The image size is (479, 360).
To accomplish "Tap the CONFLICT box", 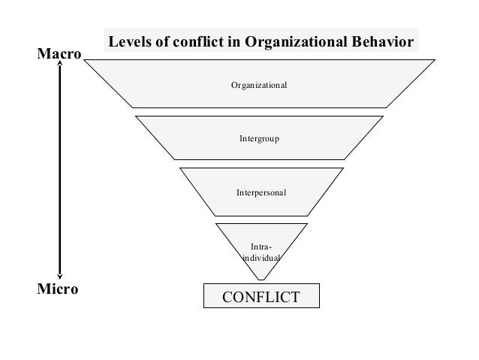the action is click(x=261, y=296).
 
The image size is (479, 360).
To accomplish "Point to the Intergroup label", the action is click(x=259, y=139).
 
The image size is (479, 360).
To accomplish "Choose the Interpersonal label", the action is click(x=261, y=193).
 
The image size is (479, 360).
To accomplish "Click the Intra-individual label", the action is click(x=261, y=252).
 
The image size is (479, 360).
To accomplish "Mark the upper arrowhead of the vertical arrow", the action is click(x=59, y=68).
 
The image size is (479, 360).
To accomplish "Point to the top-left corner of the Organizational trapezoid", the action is click(x=85, y=60).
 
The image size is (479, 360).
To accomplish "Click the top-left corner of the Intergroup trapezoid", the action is click(x=136, y=116).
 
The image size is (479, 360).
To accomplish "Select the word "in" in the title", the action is click(x=232, y=42).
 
